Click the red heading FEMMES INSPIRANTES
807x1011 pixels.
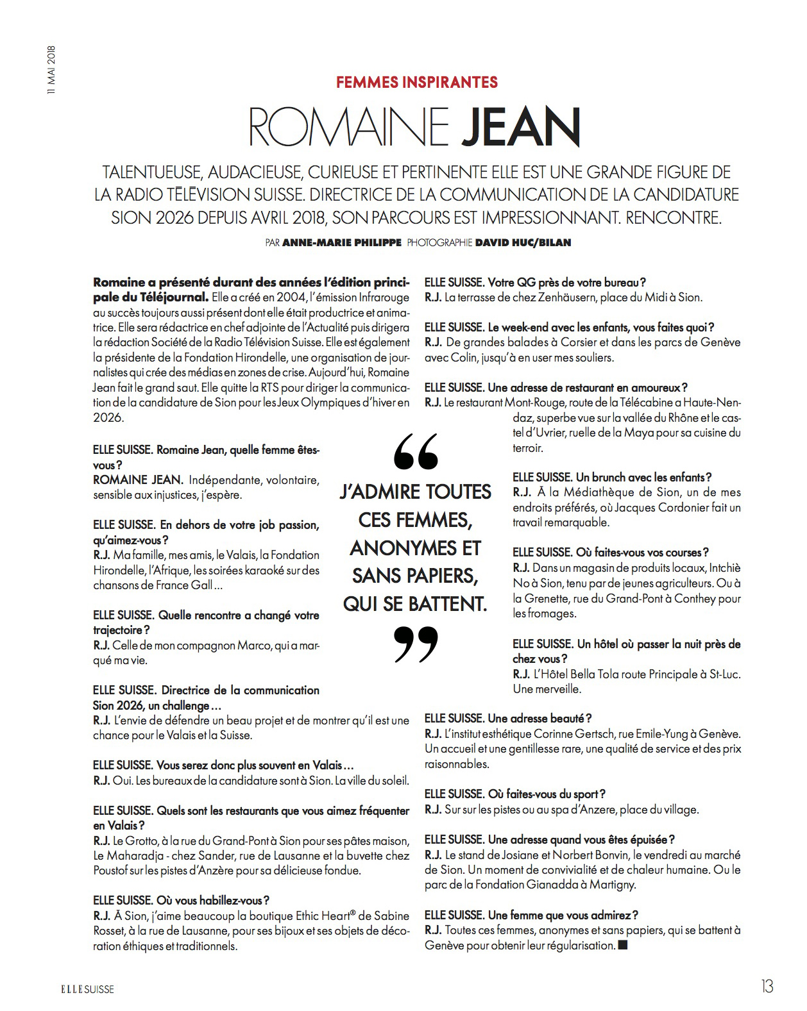pyautogui.click(x=417, y=82)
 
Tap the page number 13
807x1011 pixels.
pyautogui.click(x=767, y=987)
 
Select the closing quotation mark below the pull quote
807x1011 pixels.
pyautogui.click(x=415, y=644)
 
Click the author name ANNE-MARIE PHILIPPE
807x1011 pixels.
pyautogui.click(x=342, y=243)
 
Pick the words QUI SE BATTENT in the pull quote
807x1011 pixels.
pyautogui.click(x=415, y=604)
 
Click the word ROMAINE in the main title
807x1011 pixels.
pyautogui.click(x=348, y=127)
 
